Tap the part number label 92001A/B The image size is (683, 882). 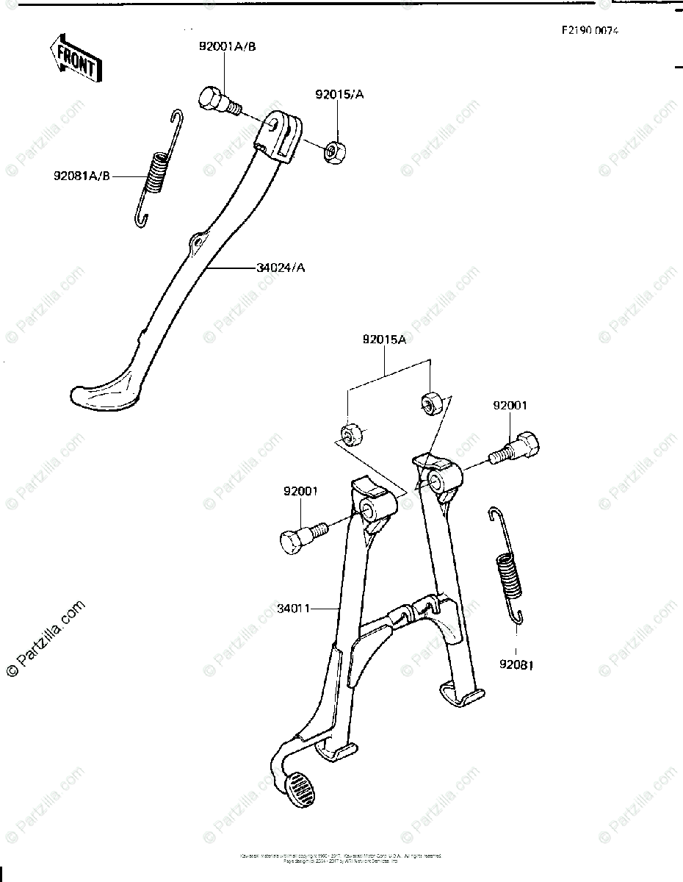[x=227, y=46]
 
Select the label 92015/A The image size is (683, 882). [x=340, y=94]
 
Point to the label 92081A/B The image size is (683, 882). [x=82, y=176]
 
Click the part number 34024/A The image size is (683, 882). [x=281, y=268]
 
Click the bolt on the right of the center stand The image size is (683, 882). [x=518, y=449]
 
